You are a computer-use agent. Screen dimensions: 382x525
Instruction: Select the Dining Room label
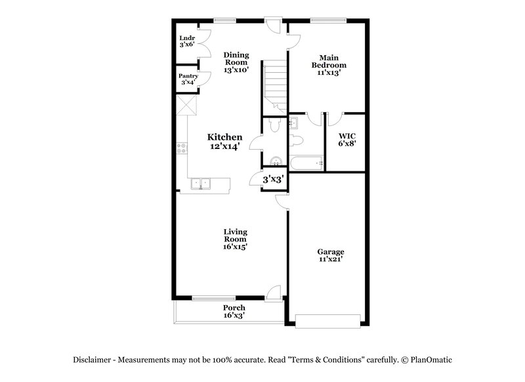point(236,62)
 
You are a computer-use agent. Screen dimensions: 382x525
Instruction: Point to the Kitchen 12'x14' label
point(224,141)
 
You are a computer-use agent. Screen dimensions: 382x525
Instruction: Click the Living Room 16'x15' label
point(235,239)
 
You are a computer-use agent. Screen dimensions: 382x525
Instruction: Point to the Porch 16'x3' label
point(234,312)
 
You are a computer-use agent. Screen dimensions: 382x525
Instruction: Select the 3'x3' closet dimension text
point(273,179)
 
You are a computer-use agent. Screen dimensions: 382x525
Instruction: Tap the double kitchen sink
point(201,184)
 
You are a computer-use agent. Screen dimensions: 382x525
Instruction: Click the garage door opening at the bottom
point(328,320)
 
